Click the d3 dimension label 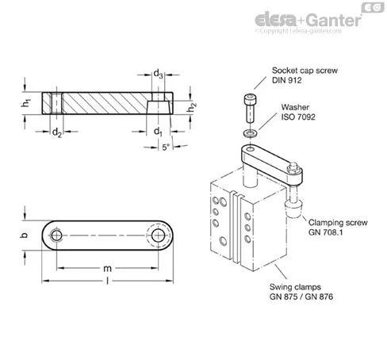pyautogui.click(x=158, y=74)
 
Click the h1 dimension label pyautogui.click(x=26, y=103)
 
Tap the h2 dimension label pyautogui.click(x=191, y=107)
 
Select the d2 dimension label pyautogui.click(x=57, y=132)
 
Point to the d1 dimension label pyautogui.click(x=158, y=131)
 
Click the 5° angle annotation pyautogui.click(x=166, y=147)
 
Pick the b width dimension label pyautogui.click(x=24, y=235)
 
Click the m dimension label pyautogui.click(x=107, y=269)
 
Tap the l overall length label pyautogui.click(x=107, y=281)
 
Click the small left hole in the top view pyautogui.click(x=56, y=235)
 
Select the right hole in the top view pyautogui.click(x=158, y=236)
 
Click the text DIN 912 pyautogui.click(x=287, y=80)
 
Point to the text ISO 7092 pyautogui.click(x=298, y=117)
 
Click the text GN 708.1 pyautogui.click(x=325, y=232)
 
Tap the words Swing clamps pyautogui.click(x=295, y=287)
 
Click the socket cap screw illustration pyautogui.click(x=250, y=108)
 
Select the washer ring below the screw pyautogui.click(x=251, y=133)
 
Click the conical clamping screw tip pyautogui.click(x=293, y=209)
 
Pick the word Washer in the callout pyautogui.click(x=295, y=107)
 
